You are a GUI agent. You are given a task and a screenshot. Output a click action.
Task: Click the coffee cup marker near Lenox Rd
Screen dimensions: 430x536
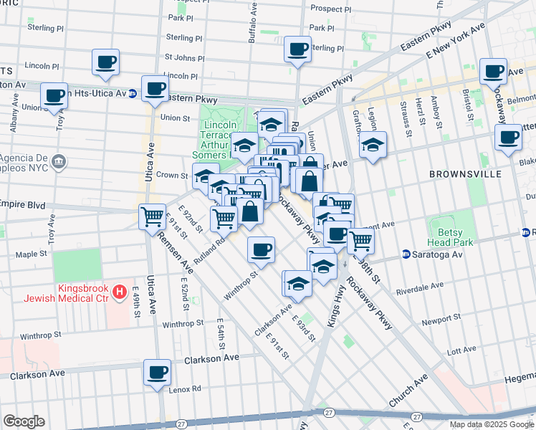(158, 372)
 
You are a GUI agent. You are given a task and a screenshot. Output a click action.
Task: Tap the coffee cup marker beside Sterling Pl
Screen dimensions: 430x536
(297, 49)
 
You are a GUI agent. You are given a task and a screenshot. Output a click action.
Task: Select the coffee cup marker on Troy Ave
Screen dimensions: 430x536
(54, 95)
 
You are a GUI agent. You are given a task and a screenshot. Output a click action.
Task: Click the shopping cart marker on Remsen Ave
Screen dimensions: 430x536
(152, 215)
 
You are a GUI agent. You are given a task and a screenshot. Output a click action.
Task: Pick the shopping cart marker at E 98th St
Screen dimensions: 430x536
(360, 240)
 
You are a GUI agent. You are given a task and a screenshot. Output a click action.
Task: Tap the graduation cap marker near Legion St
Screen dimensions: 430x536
(373, 145)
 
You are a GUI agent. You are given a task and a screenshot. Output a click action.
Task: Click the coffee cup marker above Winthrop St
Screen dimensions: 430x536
(262, 249)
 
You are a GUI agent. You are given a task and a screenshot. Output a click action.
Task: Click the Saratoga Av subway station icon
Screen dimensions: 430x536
(406, 254)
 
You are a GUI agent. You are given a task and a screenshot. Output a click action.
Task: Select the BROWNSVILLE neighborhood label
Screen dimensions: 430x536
(458, 174)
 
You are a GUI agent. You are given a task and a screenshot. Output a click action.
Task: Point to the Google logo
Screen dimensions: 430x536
(24, 421)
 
